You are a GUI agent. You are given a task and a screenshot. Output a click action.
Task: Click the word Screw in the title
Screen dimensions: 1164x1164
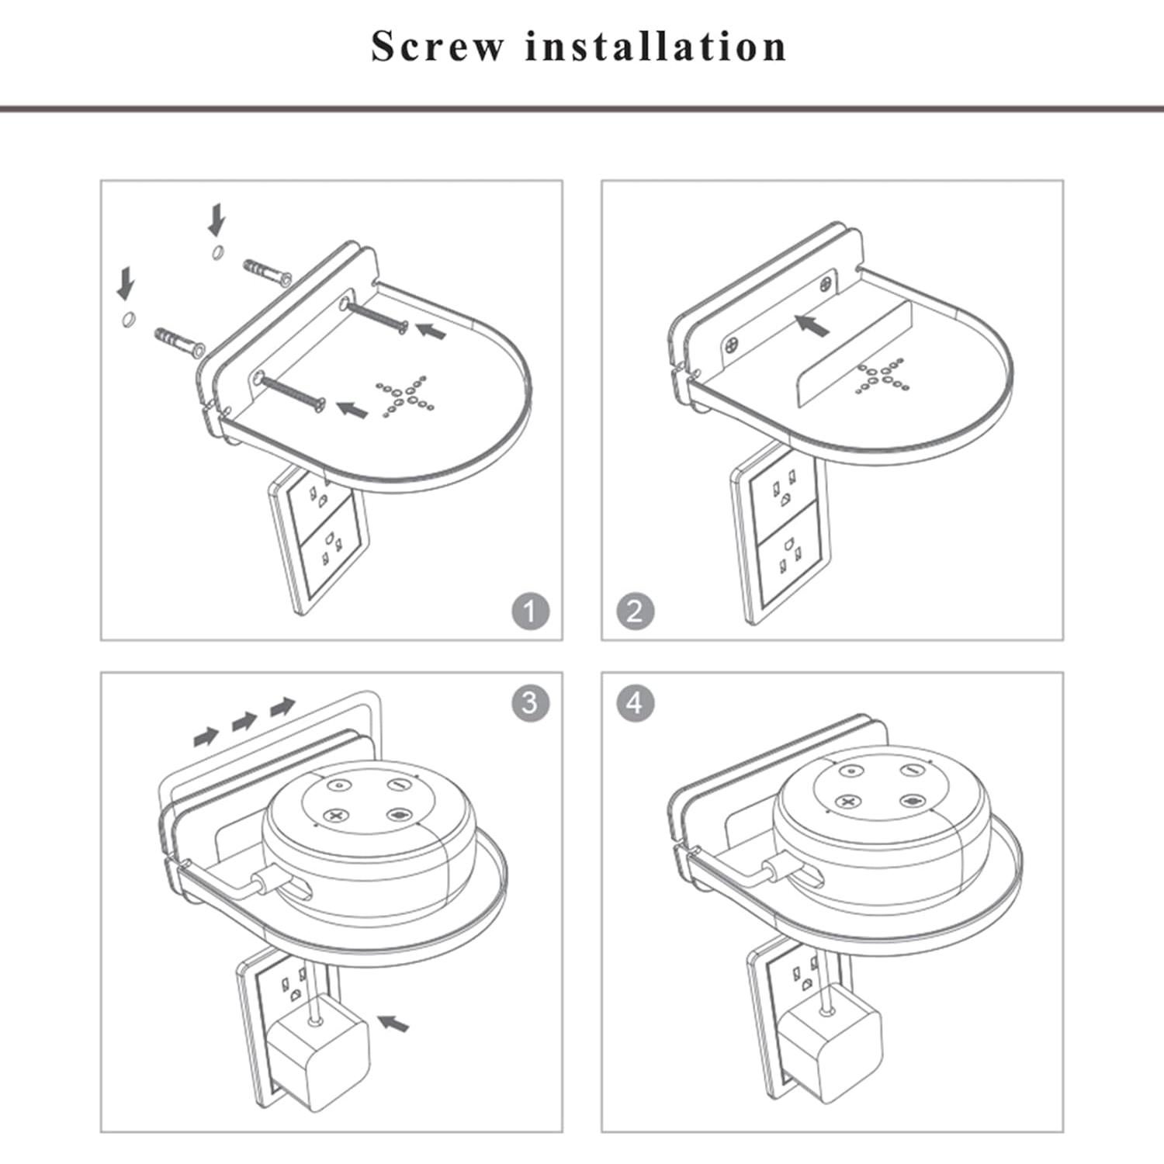(x=437, y=46)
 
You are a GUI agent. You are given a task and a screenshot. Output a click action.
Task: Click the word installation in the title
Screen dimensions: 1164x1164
(x=656, y=46)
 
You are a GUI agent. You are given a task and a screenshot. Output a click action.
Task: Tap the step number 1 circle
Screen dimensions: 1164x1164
(x=530, y=611)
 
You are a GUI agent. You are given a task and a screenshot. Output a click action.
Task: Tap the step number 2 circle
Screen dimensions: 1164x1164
(x=635, y=611)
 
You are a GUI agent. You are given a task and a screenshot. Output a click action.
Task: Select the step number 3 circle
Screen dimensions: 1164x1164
(x=530, y=702)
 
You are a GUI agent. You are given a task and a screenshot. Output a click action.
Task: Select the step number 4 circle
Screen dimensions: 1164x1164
(x=635, y=702)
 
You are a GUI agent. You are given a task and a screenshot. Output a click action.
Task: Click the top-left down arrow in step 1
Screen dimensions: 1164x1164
(x=217, y=220)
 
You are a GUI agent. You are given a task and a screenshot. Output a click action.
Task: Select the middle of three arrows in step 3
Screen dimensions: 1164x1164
(x=244, y=721)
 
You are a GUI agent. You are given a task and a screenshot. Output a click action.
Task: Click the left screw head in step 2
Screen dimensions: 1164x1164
(x=731, y=345)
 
